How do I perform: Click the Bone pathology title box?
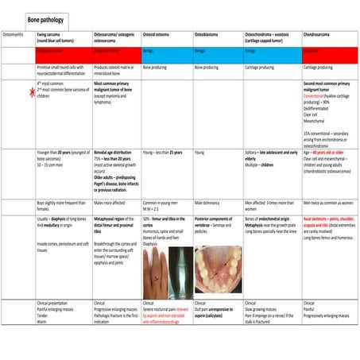(x=47, y=17)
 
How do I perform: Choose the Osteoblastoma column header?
(x=210, y=36)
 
